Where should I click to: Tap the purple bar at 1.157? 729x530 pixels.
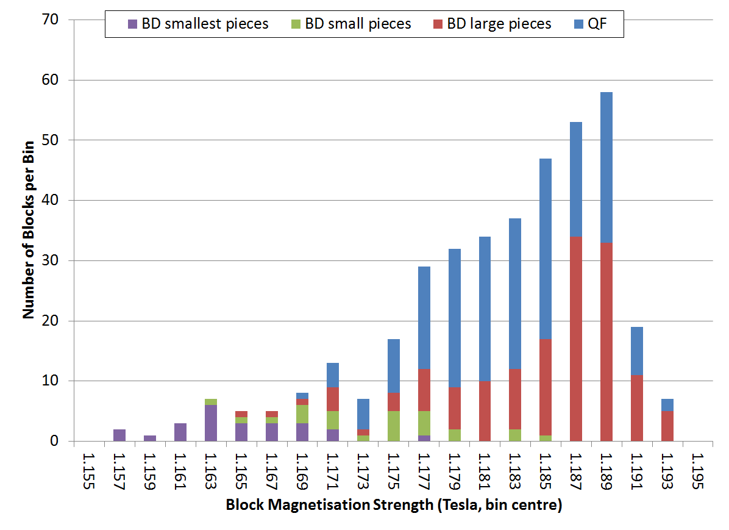119,435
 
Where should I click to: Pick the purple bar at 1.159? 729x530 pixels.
149,438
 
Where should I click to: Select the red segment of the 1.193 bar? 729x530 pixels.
667,426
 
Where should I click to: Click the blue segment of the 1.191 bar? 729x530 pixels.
636,351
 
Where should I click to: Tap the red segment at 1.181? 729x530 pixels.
485,410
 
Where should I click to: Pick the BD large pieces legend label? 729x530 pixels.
499,24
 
